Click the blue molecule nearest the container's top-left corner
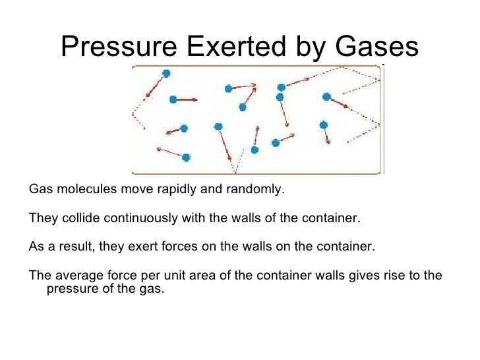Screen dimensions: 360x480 166,73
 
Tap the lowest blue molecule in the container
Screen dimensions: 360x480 186,157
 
